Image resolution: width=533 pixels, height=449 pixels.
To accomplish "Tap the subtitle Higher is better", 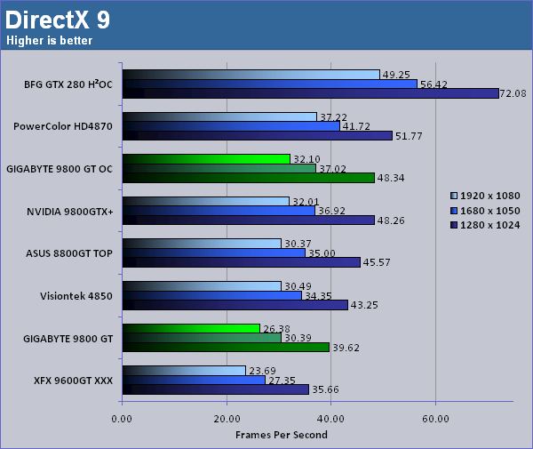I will click(x=50, y=40).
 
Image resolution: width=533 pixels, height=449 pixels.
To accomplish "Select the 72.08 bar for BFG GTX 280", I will click(x=311, y=93).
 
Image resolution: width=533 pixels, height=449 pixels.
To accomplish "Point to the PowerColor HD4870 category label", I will click(x=62, y=126).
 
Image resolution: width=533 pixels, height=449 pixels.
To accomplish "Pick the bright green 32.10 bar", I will click(x=206, y=159).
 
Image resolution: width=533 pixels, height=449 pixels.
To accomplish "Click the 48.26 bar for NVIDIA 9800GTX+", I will click(x=248, y=220).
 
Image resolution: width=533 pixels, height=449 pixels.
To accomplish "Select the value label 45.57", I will click(x=378, y=262).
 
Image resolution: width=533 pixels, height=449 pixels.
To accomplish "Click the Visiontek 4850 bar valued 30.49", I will click(x=202, y=285).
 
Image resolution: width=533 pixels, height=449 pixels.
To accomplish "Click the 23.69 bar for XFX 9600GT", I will click(x=184, y=370).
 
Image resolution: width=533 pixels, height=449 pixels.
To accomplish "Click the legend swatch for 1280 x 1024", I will click(x=455, y=224).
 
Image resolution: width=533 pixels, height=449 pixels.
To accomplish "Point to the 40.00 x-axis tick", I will click(x=330, y=418).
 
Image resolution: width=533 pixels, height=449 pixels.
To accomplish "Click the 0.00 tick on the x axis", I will click(x=123, y=418).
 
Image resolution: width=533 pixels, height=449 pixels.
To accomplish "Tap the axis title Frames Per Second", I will click(x=281, y=435).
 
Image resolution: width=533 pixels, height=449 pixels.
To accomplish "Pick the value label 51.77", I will click(x=410, y=135).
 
